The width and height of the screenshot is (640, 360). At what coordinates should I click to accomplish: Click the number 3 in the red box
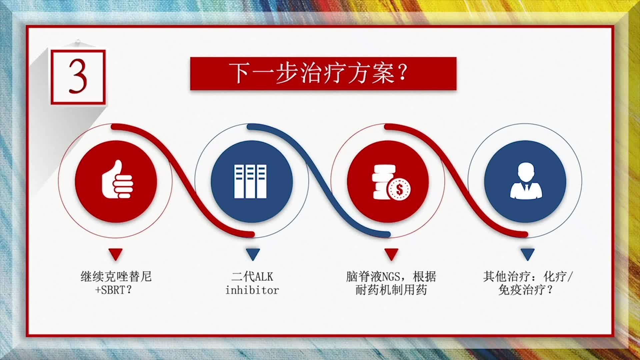pos(78,77)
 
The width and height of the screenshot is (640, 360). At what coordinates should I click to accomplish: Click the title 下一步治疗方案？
pos(318,73)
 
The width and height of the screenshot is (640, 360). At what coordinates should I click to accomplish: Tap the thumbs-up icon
pos(117,180)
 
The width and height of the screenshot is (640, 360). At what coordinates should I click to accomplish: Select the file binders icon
pos(251,181)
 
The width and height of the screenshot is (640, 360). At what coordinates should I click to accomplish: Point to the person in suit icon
pos(526,181)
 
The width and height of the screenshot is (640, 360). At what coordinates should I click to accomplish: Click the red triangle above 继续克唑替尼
pos(116,254)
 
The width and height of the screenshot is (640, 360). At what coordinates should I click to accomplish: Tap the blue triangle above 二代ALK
pos(253,254)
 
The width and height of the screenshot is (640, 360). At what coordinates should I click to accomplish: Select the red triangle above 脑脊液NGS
pos(391,254)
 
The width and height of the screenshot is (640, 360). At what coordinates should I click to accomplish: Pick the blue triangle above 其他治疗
pos(528,254)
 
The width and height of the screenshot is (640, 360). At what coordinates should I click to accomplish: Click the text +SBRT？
pos(114,290)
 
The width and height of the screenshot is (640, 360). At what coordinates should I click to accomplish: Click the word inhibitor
pos(252,290)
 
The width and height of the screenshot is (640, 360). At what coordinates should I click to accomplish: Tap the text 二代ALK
pos(252,276)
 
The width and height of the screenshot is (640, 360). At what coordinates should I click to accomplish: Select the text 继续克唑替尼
pos(116,276)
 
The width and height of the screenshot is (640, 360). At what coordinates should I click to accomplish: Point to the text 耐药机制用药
pos(391,290)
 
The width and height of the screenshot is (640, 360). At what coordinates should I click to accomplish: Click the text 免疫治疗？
pos(525,290)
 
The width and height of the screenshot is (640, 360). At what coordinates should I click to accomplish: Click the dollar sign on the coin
pos(399,190)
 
